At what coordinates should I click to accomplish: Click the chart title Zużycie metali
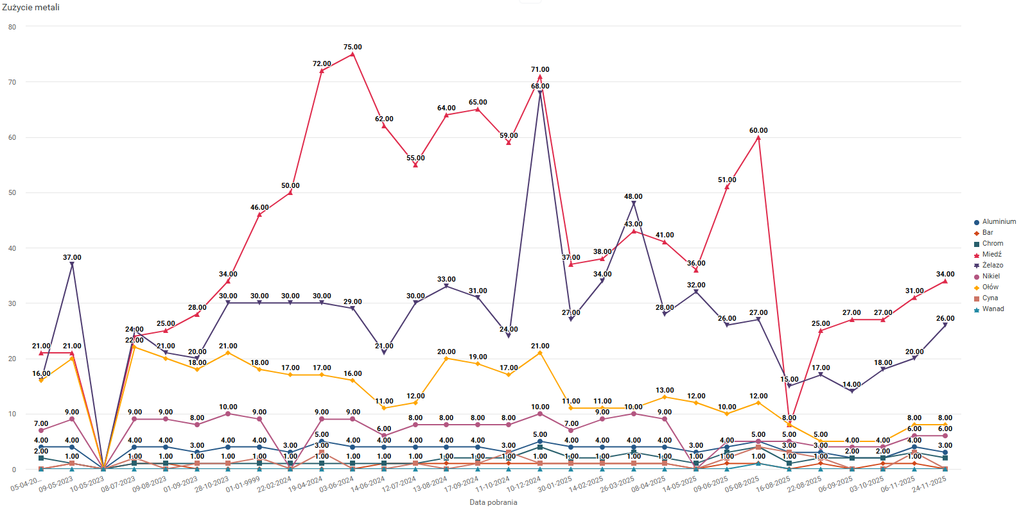pos(31,7)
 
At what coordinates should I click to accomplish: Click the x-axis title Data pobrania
pos(493,502)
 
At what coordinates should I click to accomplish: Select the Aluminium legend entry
pos(999,222)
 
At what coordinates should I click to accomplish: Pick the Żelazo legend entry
pos(992,266)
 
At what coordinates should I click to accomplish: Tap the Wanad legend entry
pos(993,309)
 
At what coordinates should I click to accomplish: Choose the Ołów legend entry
pos(990,287)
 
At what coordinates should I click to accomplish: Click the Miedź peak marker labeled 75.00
pos(353,55)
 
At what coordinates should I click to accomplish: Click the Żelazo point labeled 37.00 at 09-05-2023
pos(72,264)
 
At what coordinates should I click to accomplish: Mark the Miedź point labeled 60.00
pos(758,137)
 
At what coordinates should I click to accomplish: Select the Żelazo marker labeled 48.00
pos(634,203)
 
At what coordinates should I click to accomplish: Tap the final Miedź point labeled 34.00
pos(945,281)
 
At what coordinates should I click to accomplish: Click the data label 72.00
pos(322,64)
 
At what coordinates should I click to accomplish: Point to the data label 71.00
pos(540,69)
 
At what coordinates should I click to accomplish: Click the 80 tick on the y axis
pos(12,27)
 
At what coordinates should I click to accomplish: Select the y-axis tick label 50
pos(12,192)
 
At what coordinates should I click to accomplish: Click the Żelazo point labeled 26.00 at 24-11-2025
pos(945,325)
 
